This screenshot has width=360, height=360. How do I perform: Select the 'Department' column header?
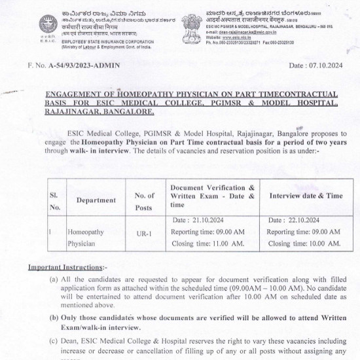tap(96, 200)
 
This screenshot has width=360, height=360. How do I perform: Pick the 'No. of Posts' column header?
tap(144, 200)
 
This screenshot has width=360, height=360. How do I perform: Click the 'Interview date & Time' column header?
tap(306, 196)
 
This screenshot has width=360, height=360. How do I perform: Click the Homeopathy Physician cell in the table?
tap(86, 238)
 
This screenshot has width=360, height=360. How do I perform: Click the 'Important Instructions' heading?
tap(65, 268)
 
